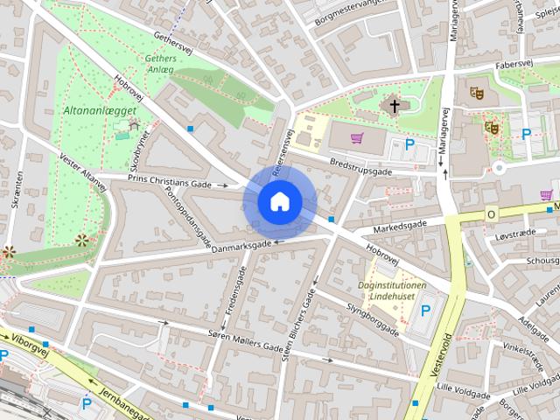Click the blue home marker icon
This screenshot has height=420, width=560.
coord(280,202)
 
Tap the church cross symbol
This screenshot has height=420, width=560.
coord(395,107)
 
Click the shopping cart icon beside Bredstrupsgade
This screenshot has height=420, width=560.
coord(357,137)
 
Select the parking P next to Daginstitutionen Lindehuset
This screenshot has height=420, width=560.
coord(426,311)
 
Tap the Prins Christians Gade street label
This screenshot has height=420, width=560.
coord(170,185)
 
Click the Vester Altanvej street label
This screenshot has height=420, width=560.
coord(83,169)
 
